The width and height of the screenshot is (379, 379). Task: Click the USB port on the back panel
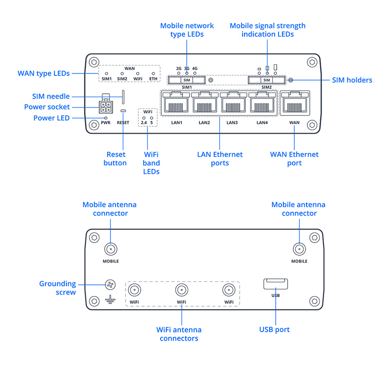(x=276, y=284)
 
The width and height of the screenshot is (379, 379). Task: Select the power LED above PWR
(x=106, y=117)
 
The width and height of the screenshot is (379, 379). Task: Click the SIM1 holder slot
(x=187, y=80)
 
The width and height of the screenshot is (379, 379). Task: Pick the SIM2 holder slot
(x=267, y=80)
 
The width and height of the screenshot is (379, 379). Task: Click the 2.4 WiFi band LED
(x=144, y=117)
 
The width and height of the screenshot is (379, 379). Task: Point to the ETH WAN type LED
(x=153, y=73)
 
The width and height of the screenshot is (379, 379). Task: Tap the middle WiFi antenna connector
(x=181, y=290)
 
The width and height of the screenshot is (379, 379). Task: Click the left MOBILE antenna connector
(x=111, y=249)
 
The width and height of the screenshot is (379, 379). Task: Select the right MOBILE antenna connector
(x=299, y=249)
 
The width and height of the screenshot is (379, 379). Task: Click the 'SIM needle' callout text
(x=51, y=97)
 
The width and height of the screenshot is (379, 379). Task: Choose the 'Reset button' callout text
(x=115, y=159)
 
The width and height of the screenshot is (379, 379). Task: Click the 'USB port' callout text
(x=274, y=329)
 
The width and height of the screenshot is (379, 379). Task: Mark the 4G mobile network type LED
(x=195, y=73)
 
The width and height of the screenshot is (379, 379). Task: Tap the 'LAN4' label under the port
(x=262, y=123)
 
